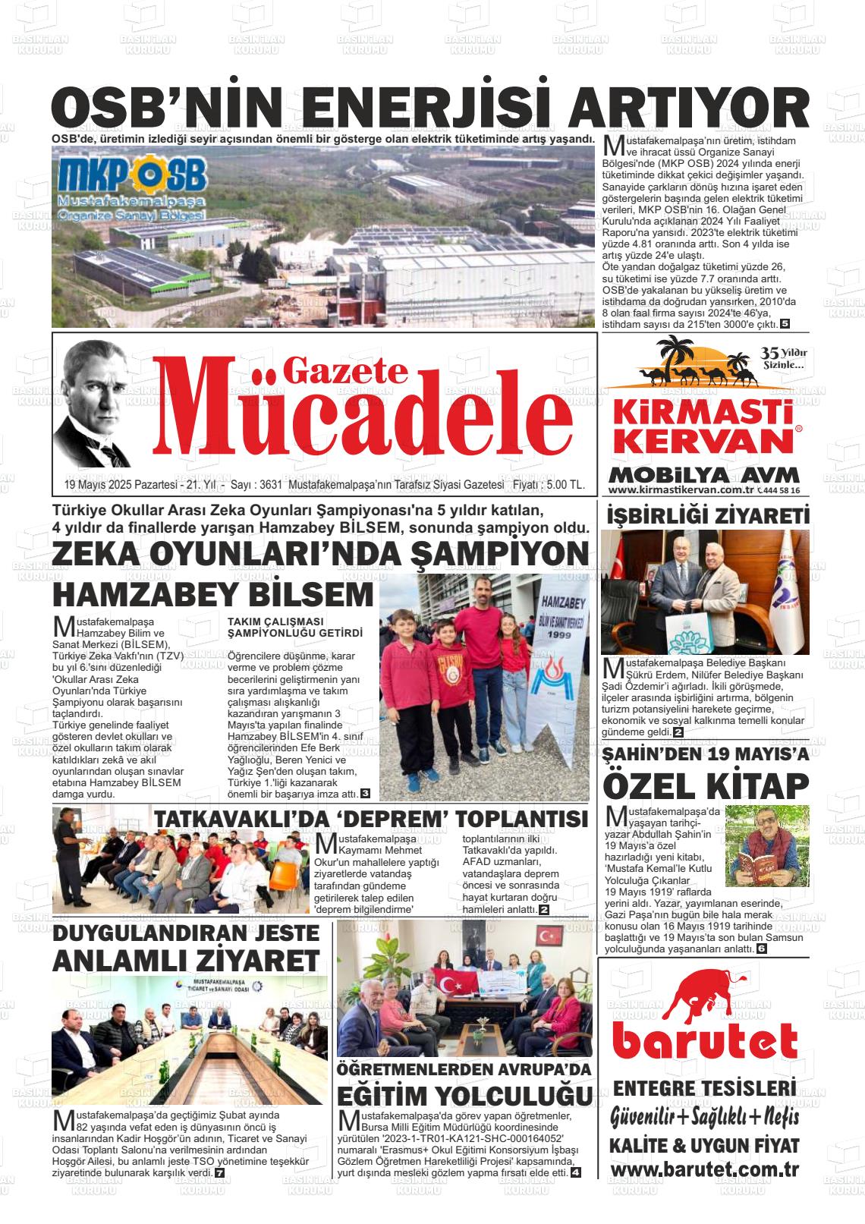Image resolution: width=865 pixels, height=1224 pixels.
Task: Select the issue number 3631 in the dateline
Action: click(x=270, y=485)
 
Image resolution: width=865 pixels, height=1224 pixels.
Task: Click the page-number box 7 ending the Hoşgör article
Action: click(x=220, y=1172)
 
